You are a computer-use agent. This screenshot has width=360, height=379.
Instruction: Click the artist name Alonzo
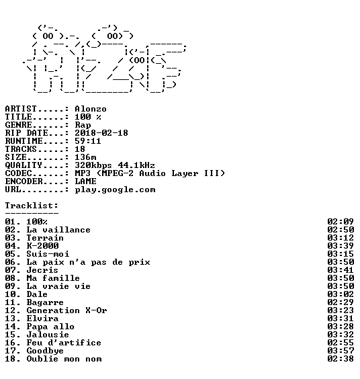tap(91, 109)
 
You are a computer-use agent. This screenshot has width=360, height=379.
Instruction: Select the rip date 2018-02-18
tap(101, 133)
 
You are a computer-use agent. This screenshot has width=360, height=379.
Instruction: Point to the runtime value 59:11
tap(88, 141)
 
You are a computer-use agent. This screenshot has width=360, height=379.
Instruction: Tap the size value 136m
tap(85, 157)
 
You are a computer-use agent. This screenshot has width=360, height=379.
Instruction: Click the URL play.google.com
tap(115, 189)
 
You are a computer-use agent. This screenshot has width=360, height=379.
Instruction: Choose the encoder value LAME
tap(85, 181)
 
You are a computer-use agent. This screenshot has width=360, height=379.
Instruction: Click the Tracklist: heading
tap(32, 206)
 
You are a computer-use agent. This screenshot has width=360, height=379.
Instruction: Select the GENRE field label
tap(18, 125)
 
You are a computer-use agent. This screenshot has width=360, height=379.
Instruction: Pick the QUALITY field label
tap(24, 165)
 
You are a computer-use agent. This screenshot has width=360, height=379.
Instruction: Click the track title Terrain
tap(45, 238)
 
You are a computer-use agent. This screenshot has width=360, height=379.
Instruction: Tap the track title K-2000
tap(42, 246)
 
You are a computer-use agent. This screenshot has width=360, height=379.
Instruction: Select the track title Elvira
tap(42, 319)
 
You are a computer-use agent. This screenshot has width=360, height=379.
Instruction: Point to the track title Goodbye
tap(45, 351)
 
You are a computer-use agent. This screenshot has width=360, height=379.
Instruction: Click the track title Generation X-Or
tap(66, 310)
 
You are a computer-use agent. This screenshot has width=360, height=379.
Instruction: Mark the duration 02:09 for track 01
tap(341, 222)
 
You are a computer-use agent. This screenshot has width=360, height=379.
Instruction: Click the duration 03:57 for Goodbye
tap(341, 351)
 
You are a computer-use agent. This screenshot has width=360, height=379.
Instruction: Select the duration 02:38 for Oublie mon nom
tap(341, 359)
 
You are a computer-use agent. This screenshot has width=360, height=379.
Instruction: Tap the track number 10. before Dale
tap(13, 294)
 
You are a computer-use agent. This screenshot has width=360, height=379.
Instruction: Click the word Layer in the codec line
tap(185, 173)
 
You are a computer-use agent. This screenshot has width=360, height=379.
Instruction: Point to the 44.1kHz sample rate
tap(136, 165)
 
